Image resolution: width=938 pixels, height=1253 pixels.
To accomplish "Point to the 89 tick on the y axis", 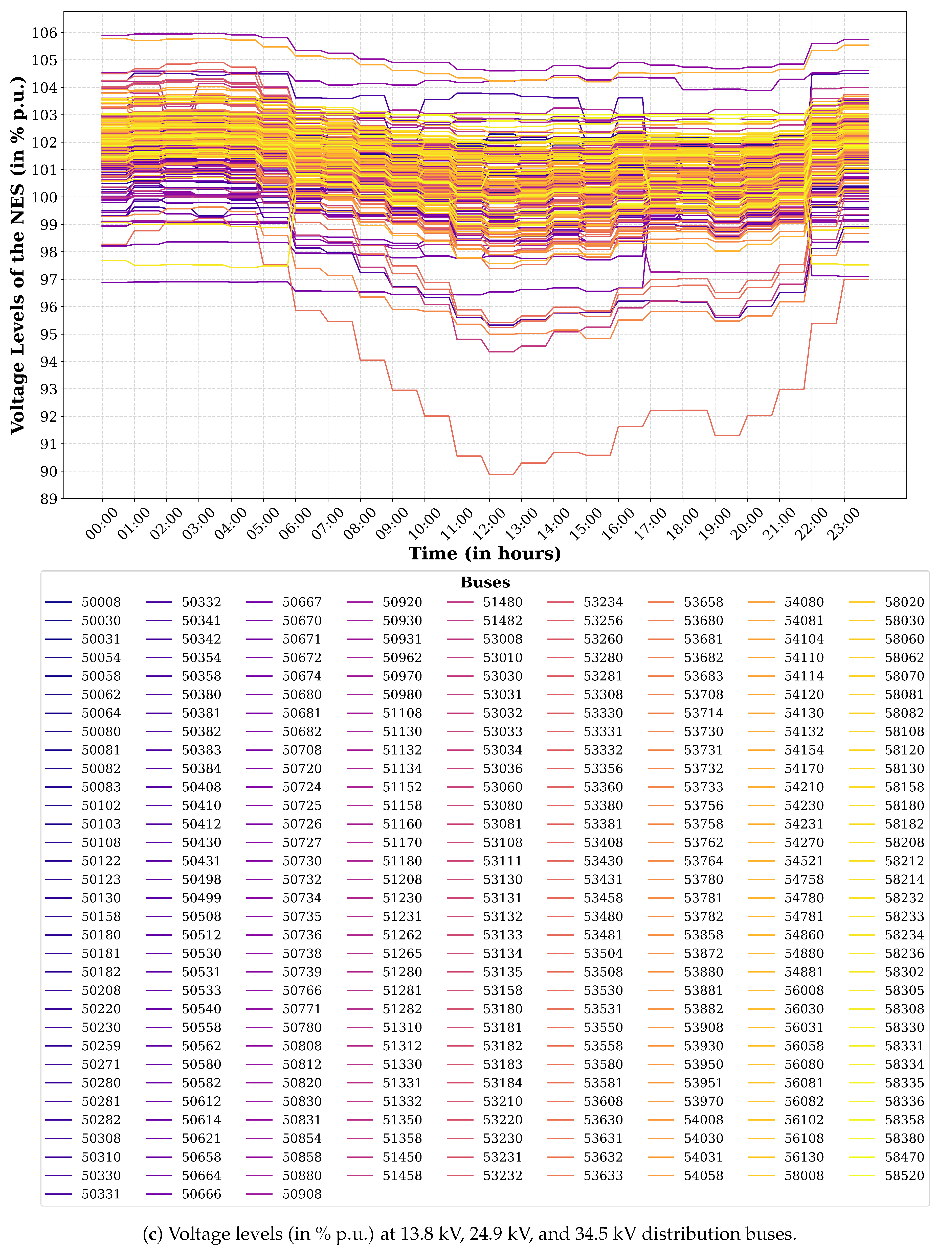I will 49,499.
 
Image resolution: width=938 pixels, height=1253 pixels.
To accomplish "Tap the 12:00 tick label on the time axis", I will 488,524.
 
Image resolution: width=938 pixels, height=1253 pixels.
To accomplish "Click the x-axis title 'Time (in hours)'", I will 485,553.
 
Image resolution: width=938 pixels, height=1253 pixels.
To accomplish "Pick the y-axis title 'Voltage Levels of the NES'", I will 17,255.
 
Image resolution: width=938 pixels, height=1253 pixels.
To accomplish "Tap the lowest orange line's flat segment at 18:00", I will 683,410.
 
